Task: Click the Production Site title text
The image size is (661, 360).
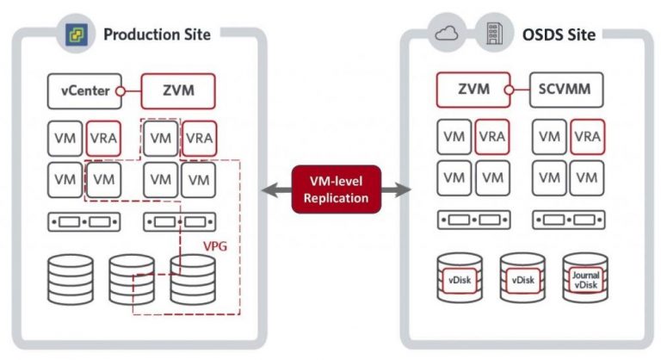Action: tap(157, 34)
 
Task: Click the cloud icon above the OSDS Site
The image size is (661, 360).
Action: tap(447, 34)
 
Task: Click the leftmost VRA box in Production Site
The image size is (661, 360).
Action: tap(102, 138)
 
